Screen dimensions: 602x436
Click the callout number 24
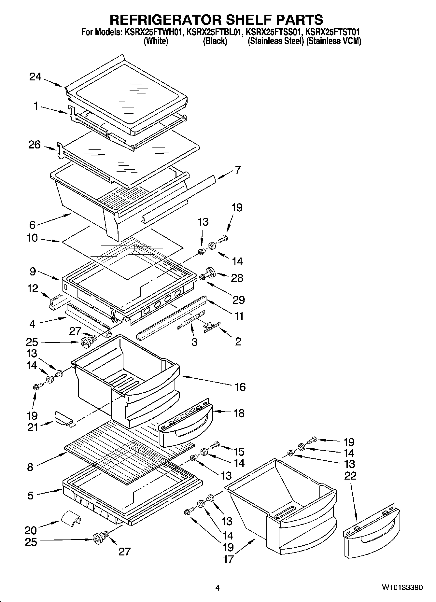(35, 77)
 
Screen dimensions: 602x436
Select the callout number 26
(34, 145)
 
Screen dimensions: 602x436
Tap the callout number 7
(238, 170)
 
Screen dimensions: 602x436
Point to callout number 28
(237, 278)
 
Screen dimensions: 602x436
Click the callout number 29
(239, 300)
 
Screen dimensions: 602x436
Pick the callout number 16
(240, 387)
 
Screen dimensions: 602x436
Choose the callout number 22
(350, 476)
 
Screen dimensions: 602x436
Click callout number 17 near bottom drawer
(229, 559)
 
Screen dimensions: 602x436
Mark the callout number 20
(31, 530)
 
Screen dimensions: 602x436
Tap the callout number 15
(239, 452)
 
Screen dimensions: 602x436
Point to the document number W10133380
(402, 588)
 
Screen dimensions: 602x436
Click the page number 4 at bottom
(218, 588)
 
